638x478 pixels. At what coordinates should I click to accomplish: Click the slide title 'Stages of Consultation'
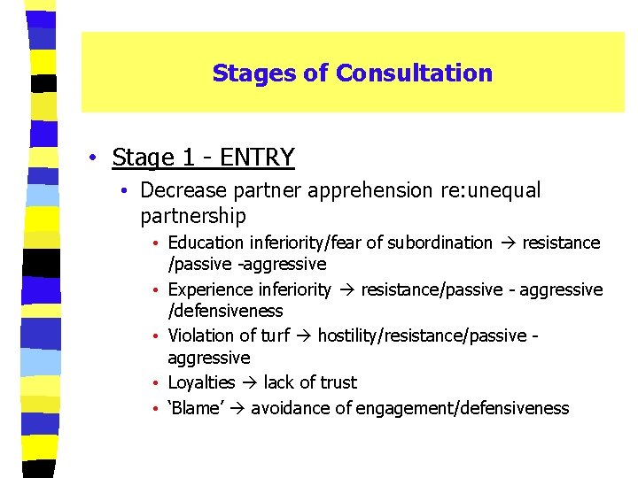(352, 73)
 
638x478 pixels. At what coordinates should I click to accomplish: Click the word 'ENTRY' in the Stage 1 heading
(257, 158)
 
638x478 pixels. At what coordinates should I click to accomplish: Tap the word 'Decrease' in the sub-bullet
(180, 190)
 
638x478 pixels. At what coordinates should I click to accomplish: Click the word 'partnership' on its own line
(193, 216)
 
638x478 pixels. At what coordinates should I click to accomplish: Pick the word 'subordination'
(442, 243)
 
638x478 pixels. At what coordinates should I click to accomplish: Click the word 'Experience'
(210, 289)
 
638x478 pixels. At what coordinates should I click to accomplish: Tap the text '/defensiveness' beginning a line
(225, 311)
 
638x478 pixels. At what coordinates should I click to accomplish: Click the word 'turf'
(270, 336)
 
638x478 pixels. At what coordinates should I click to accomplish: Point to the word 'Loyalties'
(201, 382)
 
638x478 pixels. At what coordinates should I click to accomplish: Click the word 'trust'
(337, 382)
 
